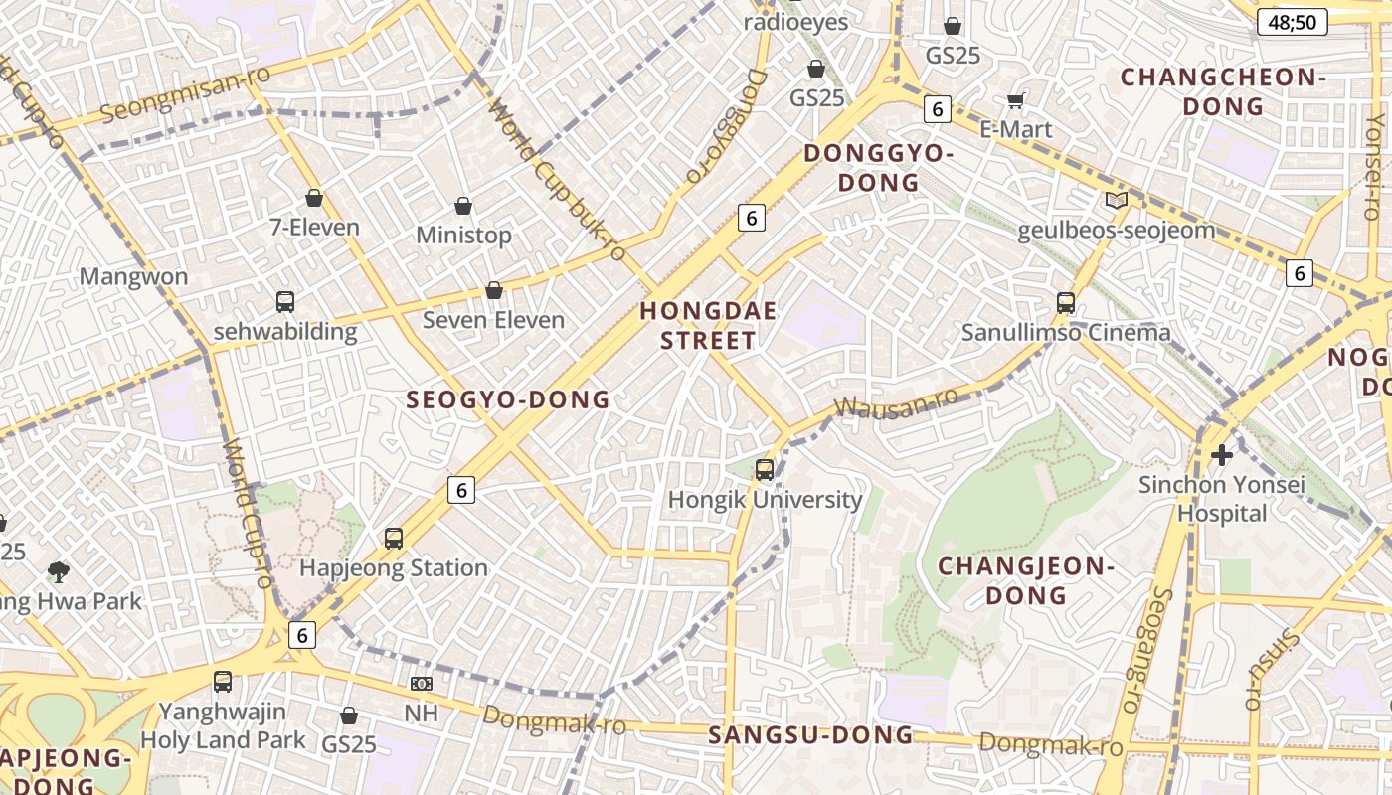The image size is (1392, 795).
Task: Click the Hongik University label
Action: (765, 499)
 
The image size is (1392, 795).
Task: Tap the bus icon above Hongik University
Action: (765, 470)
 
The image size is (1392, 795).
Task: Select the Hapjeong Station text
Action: (394, 568)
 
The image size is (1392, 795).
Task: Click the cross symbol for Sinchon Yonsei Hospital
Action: (1222, 455)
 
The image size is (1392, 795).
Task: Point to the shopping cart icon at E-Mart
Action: (1016, 100)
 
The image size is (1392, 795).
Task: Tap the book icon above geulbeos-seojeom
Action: (1117, 201)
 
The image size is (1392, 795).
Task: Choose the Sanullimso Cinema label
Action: (1066, 333)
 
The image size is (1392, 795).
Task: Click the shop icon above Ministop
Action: (463, 206)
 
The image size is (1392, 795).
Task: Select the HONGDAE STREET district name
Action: (708, 325)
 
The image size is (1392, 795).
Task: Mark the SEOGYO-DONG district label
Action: (508, 399)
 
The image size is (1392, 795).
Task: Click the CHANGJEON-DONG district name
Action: (1026, 580)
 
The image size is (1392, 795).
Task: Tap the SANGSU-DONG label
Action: (810, 735)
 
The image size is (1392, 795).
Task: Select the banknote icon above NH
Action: (422, 684)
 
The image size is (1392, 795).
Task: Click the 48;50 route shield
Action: (1292, 22)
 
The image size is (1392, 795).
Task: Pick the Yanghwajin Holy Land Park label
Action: (223, 725)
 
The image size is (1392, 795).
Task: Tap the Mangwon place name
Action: (133, 276)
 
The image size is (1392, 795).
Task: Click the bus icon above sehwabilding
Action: (285, 302)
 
